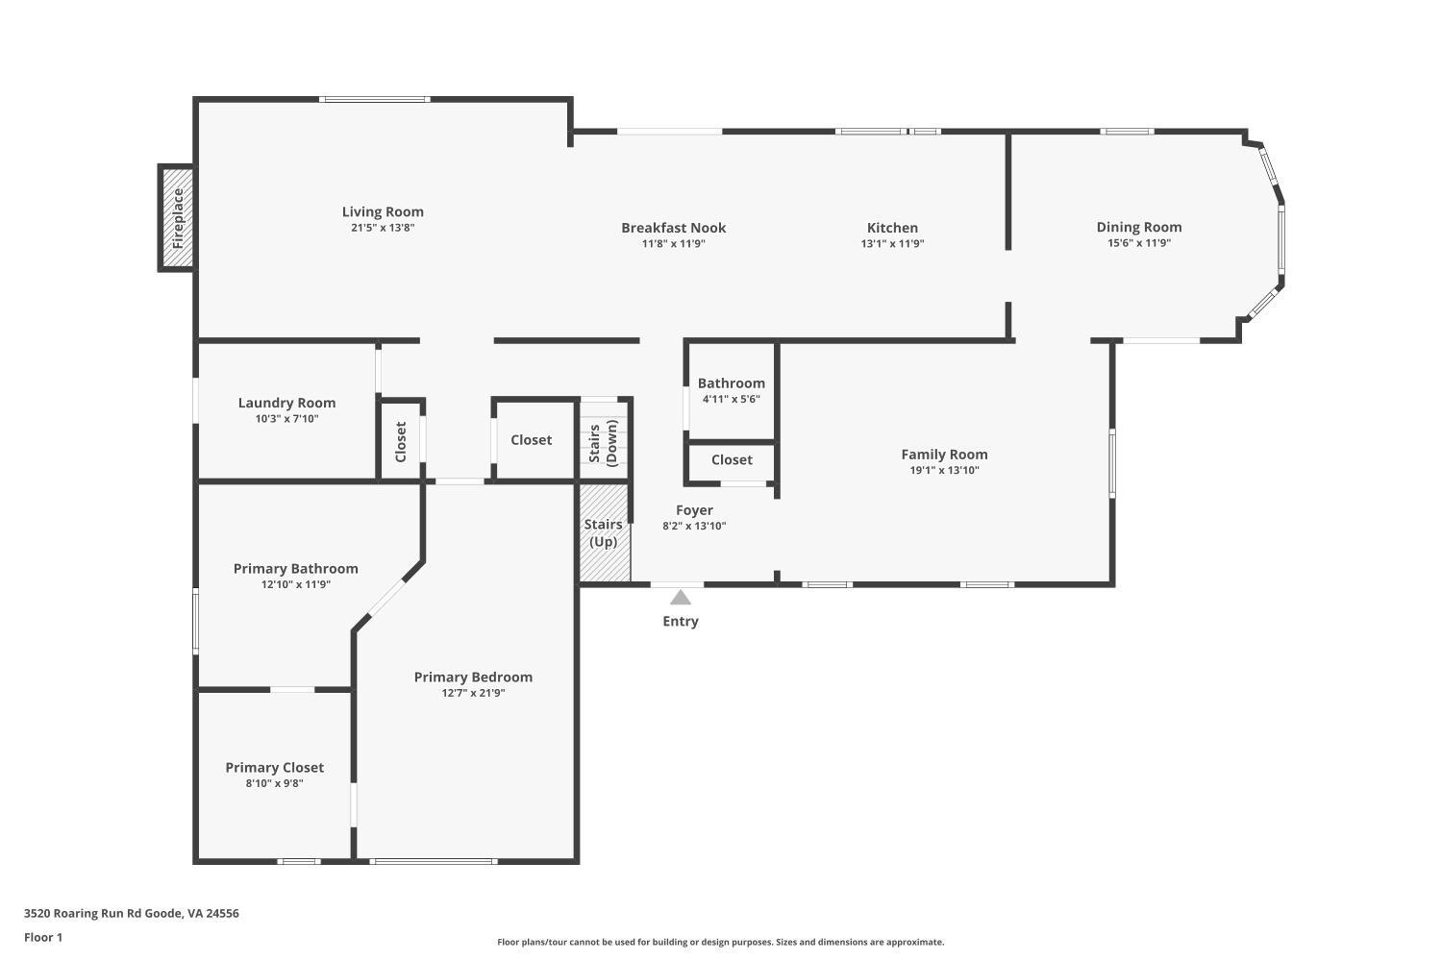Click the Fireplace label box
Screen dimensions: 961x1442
[x=177, y=218]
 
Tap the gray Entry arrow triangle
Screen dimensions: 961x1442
[x=681, y=598]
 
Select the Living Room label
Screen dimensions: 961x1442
[x=383, y=211]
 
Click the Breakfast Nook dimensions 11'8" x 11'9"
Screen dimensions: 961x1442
[x=673, y=244]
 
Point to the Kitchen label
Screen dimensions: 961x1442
[x=892, y=228]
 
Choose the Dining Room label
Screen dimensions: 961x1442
[x=1139, y=227]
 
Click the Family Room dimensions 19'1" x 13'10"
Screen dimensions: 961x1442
[x=944, y=471]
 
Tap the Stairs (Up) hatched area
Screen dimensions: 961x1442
[x=604, y=533]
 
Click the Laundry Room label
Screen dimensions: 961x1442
[x=286, y=403]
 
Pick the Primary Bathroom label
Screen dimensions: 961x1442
[x=295, y=568]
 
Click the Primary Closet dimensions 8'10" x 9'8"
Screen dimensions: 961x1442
[x=274, y=784]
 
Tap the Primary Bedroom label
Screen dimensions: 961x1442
[x=473, y=677]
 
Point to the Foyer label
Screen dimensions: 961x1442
[x=694, y=510]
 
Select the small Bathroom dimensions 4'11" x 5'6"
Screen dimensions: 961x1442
[x=731, y=400]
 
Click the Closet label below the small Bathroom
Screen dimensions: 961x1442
[x=732, y=459]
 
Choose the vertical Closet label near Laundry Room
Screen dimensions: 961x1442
[x=401, y=441]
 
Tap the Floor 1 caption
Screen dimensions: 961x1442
[x=43, y=937]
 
